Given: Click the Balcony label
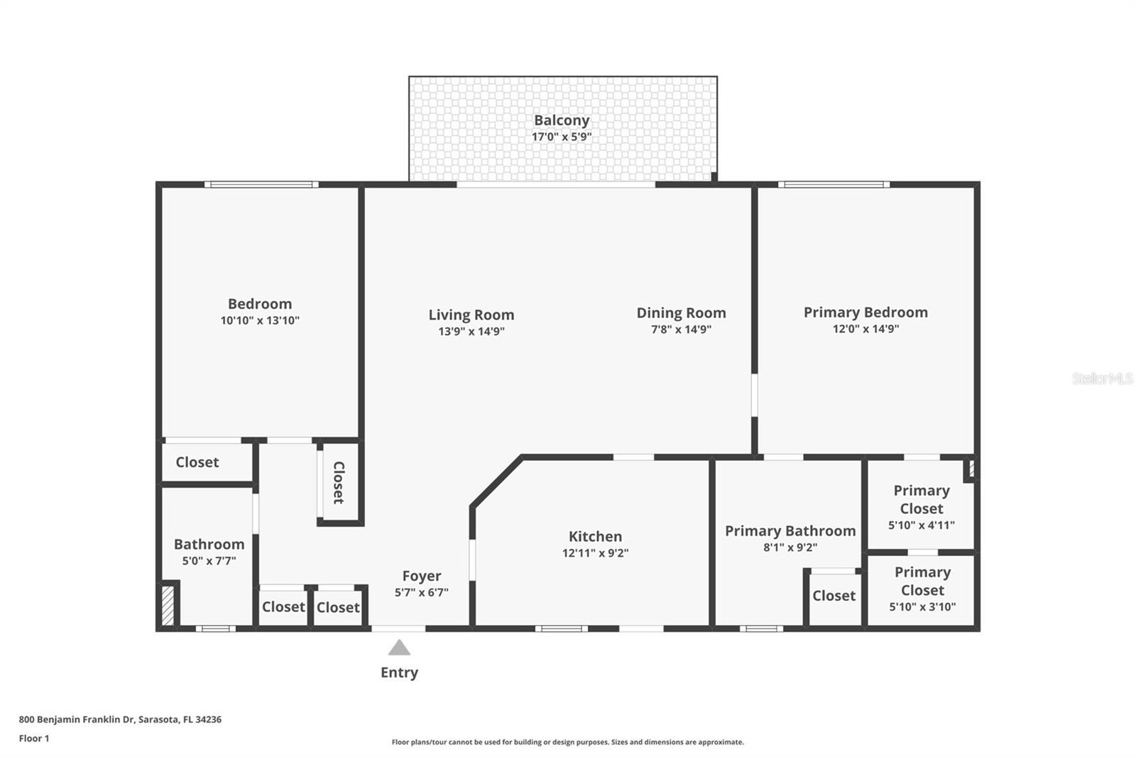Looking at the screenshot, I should pyautogui.click(x=562, y=121).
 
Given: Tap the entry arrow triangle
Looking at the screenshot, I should pyautogui.click(x=399, y=648).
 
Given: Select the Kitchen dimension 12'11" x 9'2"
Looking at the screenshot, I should pyautogui.click(x=595, y=553).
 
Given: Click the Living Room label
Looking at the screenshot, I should pyautogui.click(x=471, y=315).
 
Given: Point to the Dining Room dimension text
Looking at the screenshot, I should pyautogui.click(x=681, y=330).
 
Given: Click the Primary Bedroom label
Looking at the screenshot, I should pyautogui.click(x=865, y=312).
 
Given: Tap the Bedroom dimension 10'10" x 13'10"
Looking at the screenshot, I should pyautogui.click(x=260, y=321).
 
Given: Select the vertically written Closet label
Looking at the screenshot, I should pyautogui.click(x=339, y=482).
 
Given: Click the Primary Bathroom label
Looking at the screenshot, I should pyautogui.click(x=790, y=531).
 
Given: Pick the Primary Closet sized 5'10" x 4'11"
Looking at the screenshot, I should pyautogui.click(x=921, y=507).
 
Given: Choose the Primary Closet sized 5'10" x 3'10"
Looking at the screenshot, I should pyautogui.click(x=922, y=589).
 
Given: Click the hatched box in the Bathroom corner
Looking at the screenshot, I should pyautogui.click(x=168, y=604).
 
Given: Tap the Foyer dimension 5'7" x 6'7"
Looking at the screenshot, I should pyautogui.click(x=421, y=592).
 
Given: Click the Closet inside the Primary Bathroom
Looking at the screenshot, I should pyautogui.click(x=834, y=596).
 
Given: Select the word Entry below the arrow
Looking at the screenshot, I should pyautogui.click(x=399, y=672).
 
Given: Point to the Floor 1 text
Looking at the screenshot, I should pyautogui.click(x=34, y=739).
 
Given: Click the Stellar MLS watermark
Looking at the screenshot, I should pyautogui.click(x=1102, y=378).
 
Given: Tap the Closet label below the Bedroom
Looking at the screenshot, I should pyautogui.click(x=197, y=462).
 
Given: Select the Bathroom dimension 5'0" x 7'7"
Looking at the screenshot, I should pyautogui.click(x=209, y=561).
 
